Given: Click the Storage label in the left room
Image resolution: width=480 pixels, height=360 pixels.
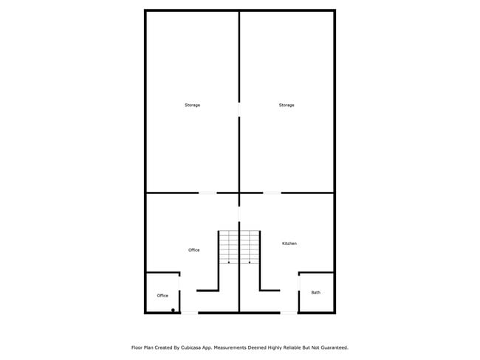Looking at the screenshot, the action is (192, 105).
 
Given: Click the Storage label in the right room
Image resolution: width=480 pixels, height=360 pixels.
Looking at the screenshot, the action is (287, 105).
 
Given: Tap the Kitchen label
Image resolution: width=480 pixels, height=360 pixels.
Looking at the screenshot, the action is (289, 243).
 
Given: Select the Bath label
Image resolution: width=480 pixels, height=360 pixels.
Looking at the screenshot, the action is (315, 292).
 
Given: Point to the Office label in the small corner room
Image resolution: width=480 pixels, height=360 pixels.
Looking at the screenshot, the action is (162, 296).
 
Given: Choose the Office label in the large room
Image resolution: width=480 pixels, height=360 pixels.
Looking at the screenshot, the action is (193, 250).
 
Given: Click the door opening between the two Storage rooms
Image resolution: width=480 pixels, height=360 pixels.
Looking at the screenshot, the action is (239, 109).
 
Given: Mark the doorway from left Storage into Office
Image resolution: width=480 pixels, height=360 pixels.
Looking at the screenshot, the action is (208, 193).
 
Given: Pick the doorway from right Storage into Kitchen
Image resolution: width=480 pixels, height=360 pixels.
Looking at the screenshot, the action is (272, 193).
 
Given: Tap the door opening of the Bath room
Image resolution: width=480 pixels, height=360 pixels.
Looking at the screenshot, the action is (299, 283).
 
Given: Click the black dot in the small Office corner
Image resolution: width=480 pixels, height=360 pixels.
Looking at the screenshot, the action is (173, 310).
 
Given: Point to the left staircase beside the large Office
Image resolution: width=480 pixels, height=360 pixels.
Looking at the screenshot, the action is (229, 247).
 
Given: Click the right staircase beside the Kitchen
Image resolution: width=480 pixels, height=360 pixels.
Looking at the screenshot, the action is (250, 247).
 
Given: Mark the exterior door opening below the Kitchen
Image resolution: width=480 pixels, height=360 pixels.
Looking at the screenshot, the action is (289, 313).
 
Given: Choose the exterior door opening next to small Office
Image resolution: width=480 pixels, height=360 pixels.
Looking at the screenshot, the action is (190, 313).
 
